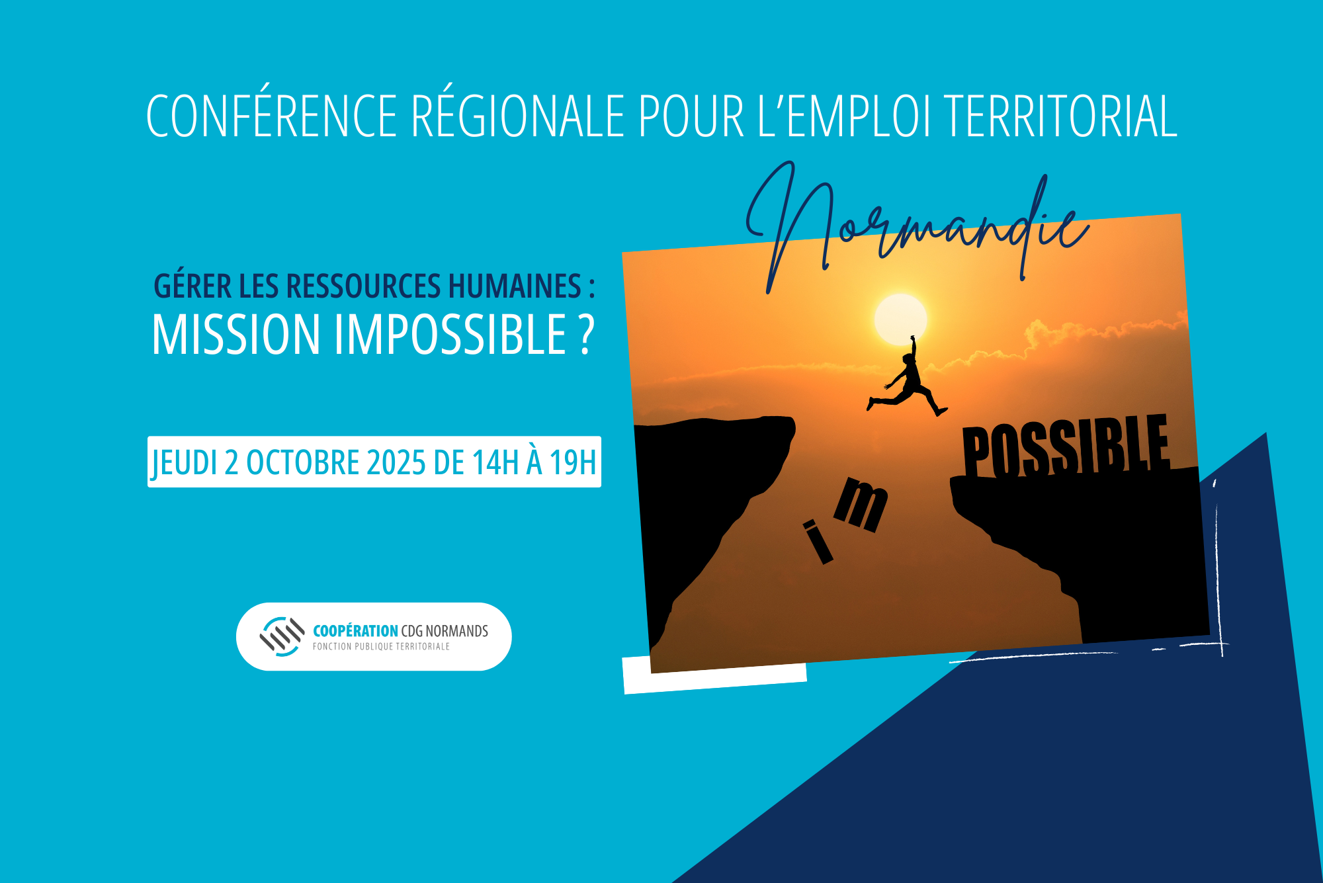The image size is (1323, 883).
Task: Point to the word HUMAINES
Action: (x=515, y=286)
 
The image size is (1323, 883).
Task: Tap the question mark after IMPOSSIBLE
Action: (x=586, y=335)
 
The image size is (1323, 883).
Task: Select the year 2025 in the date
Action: (x=396, y=462)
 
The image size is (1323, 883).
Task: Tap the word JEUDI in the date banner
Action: (x=185, y=463)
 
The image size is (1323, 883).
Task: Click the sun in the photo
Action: (x=900, y=319)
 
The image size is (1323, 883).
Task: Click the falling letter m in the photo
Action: (x=861, y=505)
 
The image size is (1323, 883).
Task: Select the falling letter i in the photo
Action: (x=818, y=542)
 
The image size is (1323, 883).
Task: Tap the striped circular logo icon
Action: (x=282, y=636)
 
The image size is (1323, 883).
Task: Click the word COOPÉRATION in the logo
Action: (x=355, y=631)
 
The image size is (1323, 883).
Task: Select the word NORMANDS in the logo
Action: (x=456, y=631)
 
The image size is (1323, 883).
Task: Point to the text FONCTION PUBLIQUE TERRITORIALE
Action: (x=381, y=647)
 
